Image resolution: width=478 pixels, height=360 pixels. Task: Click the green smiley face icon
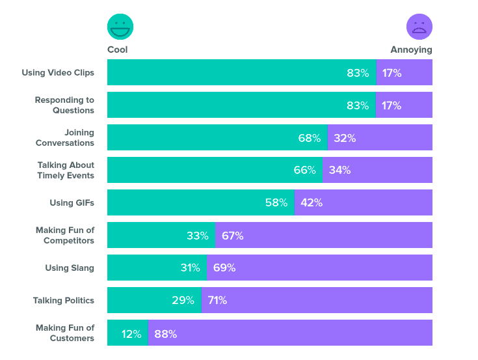(x=120, y=27)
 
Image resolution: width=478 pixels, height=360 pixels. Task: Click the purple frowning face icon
(x=419, y=27)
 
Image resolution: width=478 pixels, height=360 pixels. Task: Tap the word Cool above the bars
(x=118, y=49)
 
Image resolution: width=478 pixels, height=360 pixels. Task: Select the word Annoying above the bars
(x=411, y=49)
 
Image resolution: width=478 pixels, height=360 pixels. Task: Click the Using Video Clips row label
(x=58, y=72)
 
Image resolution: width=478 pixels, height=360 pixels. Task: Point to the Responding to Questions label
(x=64, y=105)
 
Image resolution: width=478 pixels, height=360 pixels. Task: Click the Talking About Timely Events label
(x=65, y=170)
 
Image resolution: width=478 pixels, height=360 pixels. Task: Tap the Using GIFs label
(x=72, y=202)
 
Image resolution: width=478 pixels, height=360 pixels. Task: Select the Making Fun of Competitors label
(x=64, y=235)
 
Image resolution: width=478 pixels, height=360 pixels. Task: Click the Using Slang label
(x=70, y=268)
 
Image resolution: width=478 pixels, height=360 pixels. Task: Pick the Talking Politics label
(x=64, y=300)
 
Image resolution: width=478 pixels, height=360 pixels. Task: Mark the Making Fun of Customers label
(x=65, y=333)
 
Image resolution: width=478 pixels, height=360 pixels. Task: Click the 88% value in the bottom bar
(x=166, y=334)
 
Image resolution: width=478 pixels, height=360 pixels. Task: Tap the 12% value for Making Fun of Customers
(x=131, y=334)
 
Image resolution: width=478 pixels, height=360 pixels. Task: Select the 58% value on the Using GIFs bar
(x=276, y=202)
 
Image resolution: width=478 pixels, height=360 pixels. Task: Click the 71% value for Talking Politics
(x=217, y=300)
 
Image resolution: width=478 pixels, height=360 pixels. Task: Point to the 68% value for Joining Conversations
(x=309, y=138)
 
